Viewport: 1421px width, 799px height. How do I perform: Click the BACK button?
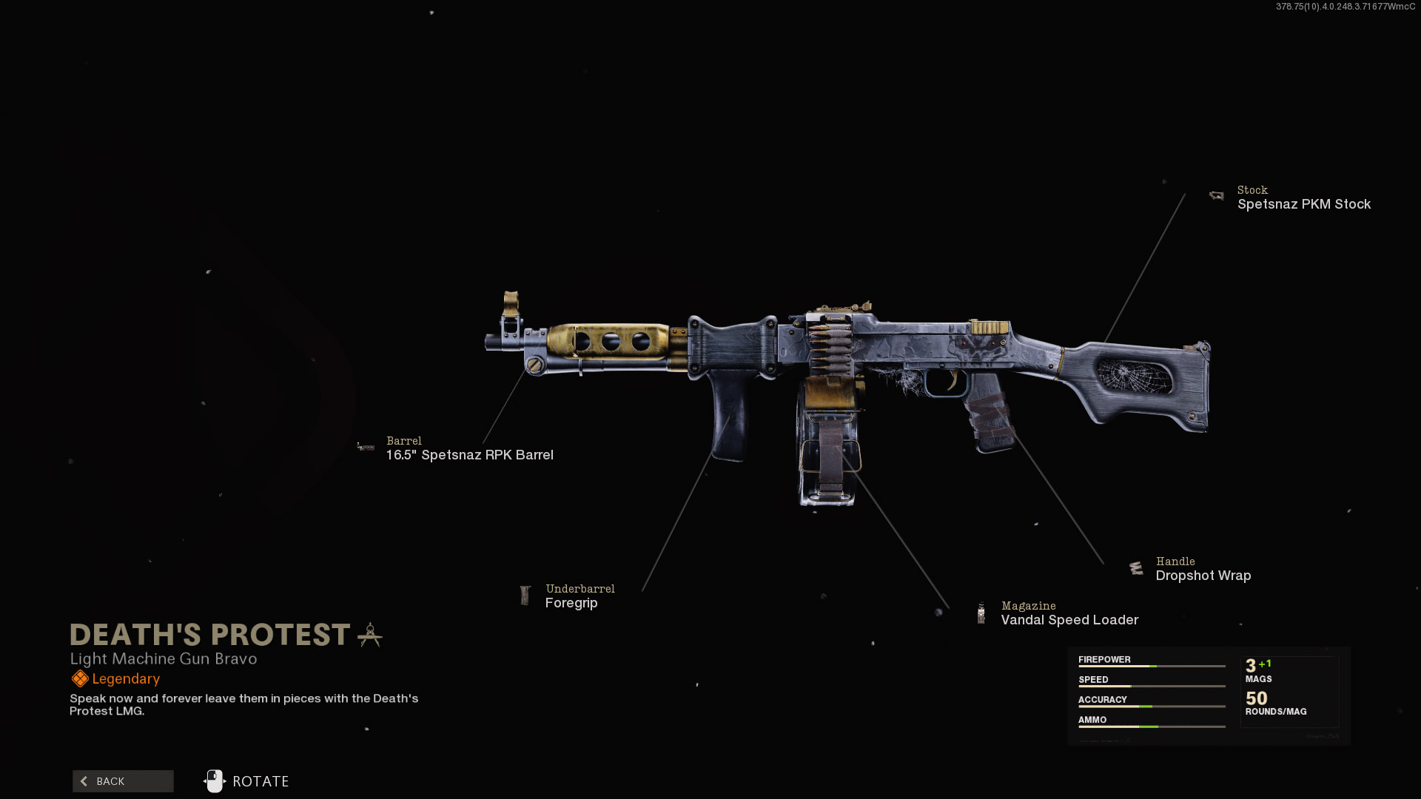tap(123, 781)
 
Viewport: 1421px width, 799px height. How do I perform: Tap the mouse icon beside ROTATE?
tap(214, 781)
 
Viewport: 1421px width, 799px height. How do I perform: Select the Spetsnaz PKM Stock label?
tap(1303, 204)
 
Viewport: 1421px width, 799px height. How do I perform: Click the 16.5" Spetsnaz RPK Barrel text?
tap(469, 455)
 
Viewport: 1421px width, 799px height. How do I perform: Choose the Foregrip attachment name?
tap(571, 603)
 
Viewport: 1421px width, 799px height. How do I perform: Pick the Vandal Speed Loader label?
tap(1069, 620)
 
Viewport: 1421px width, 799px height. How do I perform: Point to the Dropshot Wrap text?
tap(1203, 576)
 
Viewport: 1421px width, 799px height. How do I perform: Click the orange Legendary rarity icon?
tap(80, 678)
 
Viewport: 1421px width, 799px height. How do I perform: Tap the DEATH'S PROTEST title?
tap(209, 635)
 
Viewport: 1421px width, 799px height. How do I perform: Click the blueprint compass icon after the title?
tap(370, 635)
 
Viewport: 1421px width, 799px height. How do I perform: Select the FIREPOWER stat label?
tap(1104, 659)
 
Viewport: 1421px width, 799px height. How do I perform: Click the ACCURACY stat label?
tap(1102, 699)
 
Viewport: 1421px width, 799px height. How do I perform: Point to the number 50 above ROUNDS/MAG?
tap(1256, 698)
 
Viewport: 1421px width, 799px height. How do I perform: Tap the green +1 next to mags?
tap(1265, 664)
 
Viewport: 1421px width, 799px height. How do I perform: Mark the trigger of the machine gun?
tap(953, 380)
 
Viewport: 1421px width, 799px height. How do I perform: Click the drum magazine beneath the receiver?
tap(830, 459)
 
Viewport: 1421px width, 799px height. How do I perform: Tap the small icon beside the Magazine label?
tap(981, 613)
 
